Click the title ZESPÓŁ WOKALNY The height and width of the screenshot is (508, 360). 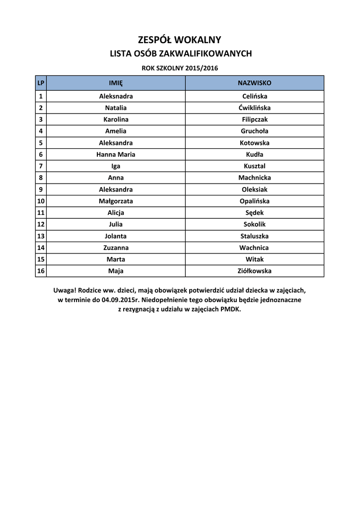click(179, 40)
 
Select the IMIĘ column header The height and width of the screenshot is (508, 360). click(116, 83)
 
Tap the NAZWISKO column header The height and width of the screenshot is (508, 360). click(255, 83)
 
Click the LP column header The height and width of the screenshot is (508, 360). click(41, 83)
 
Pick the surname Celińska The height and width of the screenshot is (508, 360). click(255, 96)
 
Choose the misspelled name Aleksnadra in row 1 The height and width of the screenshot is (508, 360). click(116, 96)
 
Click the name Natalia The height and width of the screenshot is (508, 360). click(116, 108)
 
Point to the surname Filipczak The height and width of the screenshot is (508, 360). click(255, 120)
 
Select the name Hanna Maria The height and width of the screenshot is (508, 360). click(116, 154)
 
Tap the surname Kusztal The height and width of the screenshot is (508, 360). click(255, 166)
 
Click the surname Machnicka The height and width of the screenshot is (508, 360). click(255, 178)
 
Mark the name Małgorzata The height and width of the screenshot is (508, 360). click(116, 201)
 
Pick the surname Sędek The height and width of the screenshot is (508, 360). click(255, 213)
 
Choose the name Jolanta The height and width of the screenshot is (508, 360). click(116, 236)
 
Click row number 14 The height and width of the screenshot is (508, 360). click(41, 248)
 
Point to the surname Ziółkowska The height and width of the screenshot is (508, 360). click(255, 271)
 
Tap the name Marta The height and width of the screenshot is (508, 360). click(116, 259)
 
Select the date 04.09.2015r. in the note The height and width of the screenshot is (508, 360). click(120, 300)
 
